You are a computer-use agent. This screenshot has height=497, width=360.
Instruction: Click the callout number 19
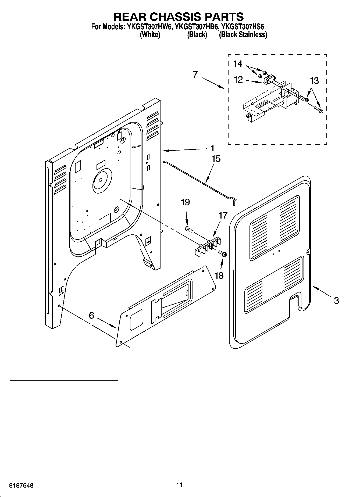click(185, 202)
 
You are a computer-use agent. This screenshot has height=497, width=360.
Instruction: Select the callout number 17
click(223, 215)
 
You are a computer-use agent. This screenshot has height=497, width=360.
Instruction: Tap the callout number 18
click(219, 276)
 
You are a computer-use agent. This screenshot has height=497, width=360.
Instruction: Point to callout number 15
click(216, 159)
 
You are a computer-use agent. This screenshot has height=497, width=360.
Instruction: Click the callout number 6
click(91, 315)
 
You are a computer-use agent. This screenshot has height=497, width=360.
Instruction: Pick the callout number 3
click(336, 300)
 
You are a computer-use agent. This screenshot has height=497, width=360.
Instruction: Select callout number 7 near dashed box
click(195, 74)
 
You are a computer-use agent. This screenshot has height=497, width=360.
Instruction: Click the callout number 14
click(238, 64)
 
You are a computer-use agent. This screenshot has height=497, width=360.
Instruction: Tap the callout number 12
click(238, 80)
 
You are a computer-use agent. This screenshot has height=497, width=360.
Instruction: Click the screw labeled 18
click(223, 253)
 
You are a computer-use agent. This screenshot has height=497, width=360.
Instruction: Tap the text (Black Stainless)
click(243, 35)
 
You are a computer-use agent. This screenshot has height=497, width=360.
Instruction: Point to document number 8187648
click(22, 485)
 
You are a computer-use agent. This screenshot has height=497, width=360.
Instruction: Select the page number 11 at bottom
click(180, 485)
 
